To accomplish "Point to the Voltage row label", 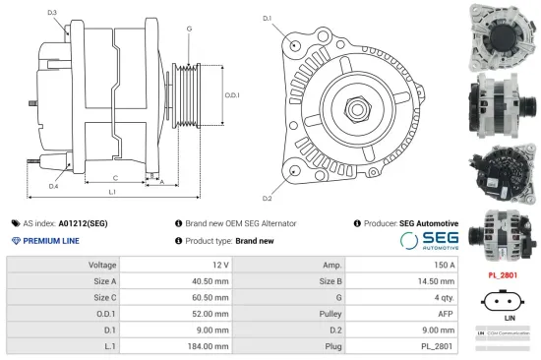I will point(102,265).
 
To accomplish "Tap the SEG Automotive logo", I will point(429,241).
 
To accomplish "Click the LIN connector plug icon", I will point(502,300).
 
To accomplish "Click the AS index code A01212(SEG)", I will point(83,223).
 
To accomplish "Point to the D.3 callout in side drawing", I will point(52,13).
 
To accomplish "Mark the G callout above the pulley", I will point(189,29).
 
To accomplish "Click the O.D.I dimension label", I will point(232,94).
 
